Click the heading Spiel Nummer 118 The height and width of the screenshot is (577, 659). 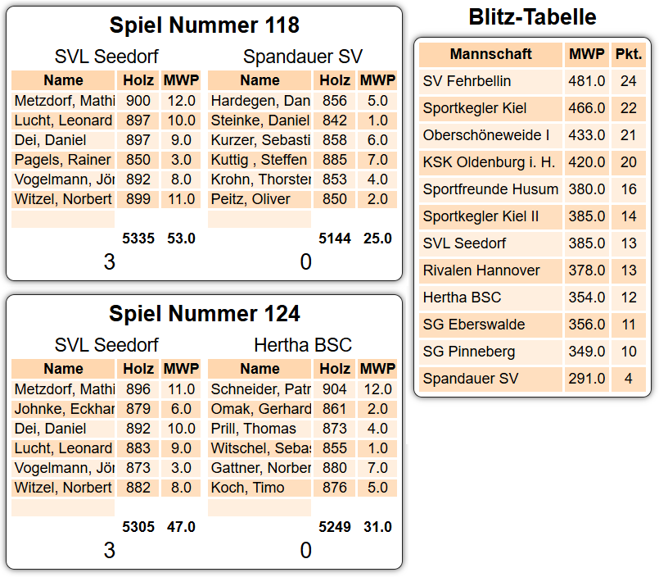click(204, 25)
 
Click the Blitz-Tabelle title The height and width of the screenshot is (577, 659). click(532, 16)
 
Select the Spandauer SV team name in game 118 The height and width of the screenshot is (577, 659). click(302, 57)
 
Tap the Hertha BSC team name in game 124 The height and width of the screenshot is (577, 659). click(302, 345)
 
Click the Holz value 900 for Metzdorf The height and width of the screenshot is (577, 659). click(138, 101)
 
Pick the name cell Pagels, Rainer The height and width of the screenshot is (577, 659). click(63, 160)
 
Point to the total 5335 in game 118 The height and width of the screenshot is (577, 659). click(138, 239)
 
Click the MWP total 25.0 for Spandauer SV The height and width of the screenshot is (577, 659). click(377, 239)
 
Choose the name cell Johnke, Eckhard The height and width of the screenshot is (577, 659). click(64, 409)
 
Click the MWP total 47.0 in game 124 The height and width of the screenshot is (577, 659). click(181, 527)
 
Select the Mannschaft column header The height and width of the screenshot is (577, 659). click(490, 54)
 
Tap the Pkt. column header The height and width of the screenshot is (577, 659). click(628, 54)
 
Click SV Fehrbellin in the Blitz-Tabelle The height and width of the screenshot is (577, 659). click(467, 81)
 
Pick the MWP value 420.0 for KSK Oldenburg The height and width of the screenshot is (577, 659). click(587, 162)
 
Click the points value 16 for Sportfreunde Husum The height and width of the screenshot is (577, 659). click(628, 189)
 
